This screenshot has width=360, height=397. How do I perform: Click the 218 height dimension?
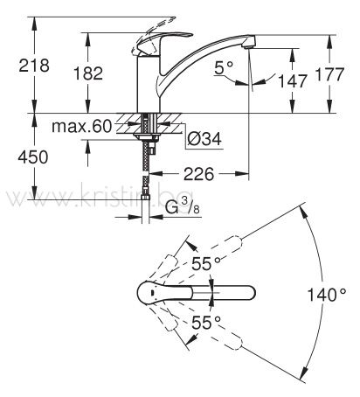pyautogui.click(x=34, y=66)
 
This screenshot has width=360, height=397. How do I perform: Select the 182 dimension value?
pyautogui.click(x=88, y=73)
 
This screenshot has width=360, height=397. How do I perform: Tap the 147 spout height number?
pyautogui.click(x=293, y=80)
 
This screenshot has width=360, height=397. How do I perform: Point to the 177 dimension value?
pyautogui.click(x=330, y=74)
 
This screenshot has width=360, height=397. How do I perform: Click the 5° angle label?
pyautogui.click(x=224, y=67)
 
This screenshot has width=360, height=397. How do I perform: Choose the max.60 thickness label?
pyautogui.click(x=82, y=126)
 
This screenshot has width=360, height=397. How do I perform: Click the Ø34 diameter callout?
pyautogui.click(x=204, y=139)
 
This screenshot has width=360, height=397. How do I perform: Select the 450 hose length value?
pyautogui.click(x=33, y=157)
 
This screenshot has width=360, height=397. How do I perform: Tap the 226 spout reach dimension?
pyautogui.click(x=199, y=174)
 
